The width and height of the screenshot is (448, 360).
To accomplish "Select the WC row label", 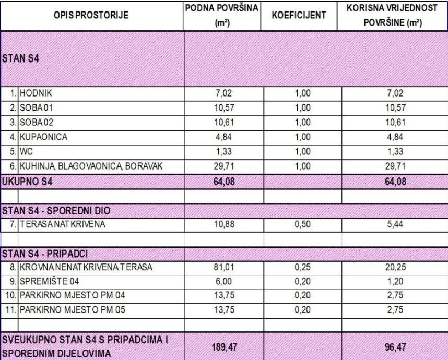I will [x=26, y=152].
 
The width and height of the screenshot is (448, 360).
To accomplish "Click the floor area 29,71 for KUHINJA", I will [x=223, y=167].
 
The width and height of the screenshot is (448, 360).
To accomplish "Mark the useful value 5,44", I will [x=394, y=225].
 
